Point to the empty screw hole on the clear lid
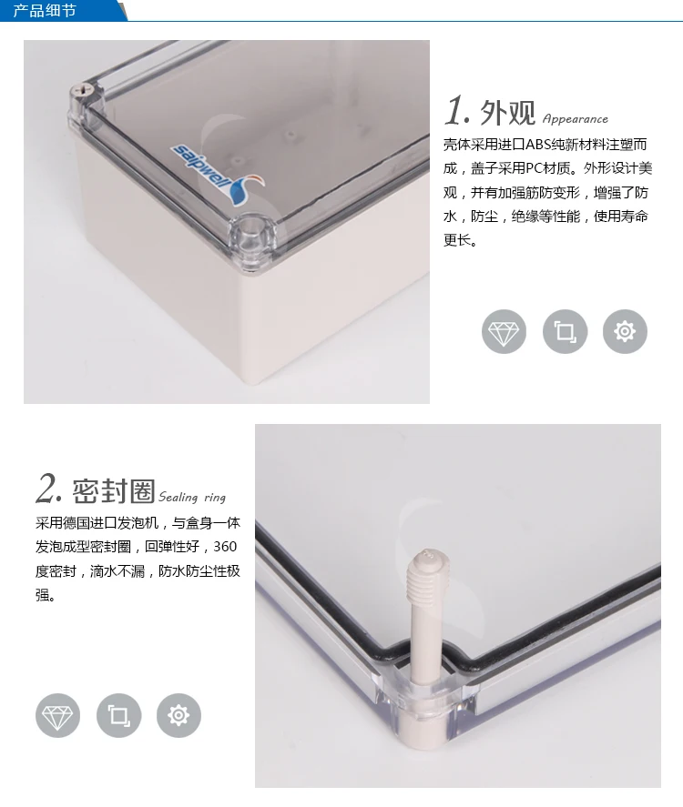click(252, 229)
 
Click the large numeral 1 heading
click(456, 110)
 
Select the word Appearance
click(576, 119)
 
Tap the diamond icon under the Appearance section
click(504, 331)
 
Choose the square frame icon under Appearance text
click(565, 331)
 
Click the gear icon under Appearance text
click(625, 331)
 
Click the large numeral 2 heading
click(48, 488)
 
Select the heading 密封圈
click(113, 490)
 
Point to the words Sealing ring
click(192, 497)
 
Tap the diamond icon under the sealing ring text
click(57, 715)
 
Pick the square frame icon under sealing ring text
click(118, 715)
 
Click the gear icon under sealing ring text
click(178, 715)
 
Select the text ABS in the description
click(538, 145)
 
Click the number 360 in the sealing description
click(225, 547)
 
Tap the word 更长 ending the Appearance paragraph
click(457, 240)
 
